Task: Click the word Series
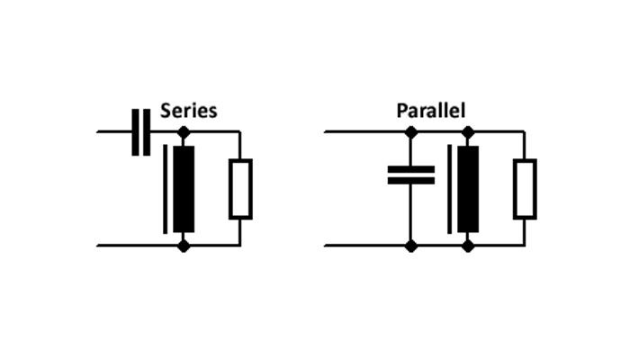[188, 111]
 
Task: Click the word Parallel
[431, 111]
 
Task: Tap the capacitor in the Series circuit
[141, 132]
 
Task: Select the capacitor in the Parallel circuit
[411, 175]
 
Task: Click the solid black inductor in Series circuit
[184, 189]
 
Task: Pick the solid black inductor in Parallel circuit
[468, 189]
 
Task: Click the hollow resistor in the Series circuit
[240, 189]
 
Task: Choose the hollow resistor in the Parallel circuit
[525, 189]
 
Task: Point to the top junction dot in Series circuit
[184, 131]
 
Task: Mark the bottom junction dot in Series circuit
[184, 246]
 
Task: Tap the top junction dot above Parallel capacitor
[411, 131]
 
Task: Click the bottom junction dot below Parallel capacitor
[411, 246]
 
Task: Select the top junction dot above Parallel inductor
[468, 131]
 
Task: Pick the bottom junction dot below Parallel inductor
[468, 246]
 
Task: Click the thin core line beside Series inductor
[165, 189]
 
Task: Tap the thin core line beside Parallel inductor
[450, 189]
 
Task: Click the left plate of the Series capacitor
[135, 132]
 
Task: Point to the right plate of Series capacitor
[147, 132]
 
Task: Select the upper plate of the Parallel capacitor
[411, 169]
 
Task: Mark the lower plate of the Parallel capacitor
[411, 181]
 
